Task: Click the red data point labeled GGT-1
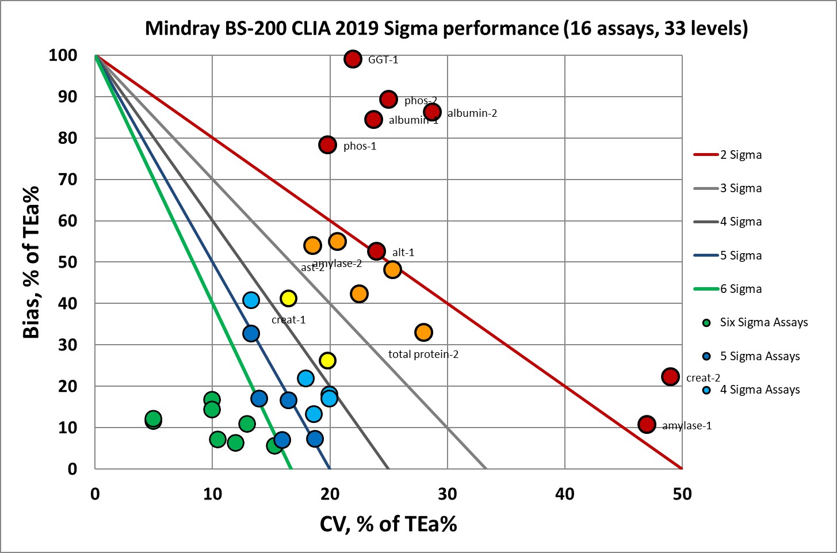pyautogui.click(x=353, y=59)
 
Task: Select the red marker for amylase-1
pyautogui.click(x=647, y=425)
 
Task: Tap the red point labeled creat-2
pyautogui.click(x=670, y=377)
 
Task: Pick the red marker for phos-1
pyautogui.click(x=327, y=144)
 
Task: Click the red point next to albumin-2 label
pyautogui.click(x=433, y=112)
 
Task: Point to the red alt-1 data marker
pyautogui.click(x=376, y=251)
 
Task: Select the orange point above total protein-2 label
pyautogui.click(x=423, y=332)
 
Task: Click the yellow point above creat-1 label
pyautogui.click(x=288, y=298)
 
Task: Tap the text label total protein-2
pyautogui.click(x=423, y=354)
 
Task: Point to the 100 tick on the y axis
pyautogui.click(x=63, y=55)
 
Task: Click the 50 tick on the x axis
pyautogui.click(x=682, y=494)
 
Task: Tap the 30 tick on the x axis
pyautogui.click(x=448, y=494)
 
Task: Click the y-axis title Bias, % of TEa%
pyautogui.click(x=32, y=262)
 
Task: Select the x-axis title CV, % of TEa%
pyautogui.click(x=388, y=524)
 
